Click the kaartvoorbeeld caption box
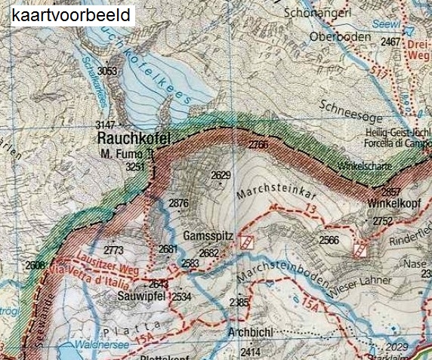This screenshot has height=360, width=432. (73, 14)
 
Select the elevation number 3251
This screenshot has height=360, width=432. (134, 166)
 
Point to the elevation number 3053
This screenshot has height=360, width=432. (109, 70)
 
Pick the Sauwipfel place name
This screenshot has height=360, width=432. (141, 296)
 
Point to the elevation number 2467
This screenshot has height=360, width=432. (391, 42)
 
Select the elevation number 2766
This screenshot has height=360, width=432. (258, 144)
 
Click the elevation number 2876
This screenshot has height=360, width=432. (178, 203)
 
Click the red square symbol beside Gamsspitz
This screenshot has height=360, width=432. (245, 242)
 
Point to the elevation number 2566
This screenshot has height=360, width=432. (329, 240)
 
